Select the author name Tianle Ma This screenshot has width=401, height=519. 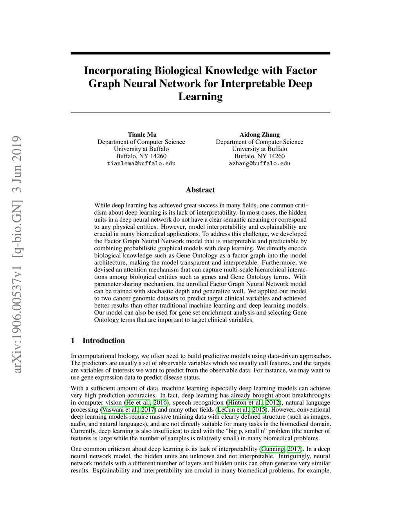pos(142,135)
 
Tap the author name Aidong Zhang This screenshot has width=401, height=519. pos(260,135)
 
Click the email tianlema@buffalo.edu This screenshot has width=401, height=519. pos(141,164)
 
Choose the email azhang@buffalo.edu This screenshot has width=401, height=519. pos(260,164)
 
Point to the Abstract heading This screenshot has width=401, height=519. pos(200,190)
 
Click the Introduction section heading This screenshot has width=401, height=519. pos(103,341)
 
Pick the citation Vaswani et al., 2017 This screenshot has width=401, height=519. pos(128,410)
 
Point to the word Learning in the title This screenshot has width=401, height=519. pos(200,97)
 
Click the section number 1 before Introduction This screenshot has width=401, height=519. pos(73,341)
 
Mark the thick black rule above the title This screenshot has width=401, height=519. pos(200,53)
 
